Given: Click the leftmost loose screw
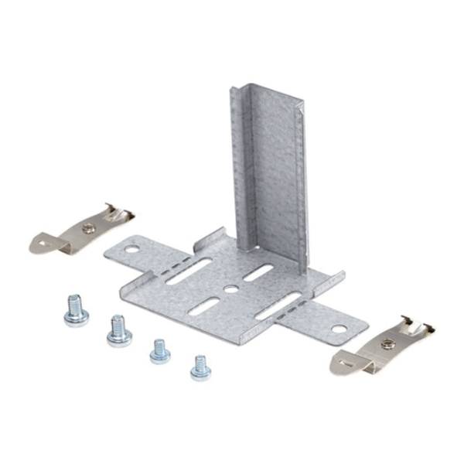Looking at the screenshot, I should coord(76,311).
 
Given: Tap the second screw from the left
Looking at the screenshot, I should coord(118,331).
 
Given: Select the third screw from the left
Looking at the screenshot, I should coord(160,351).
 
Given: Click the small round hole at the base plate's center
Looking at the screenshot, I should coord(230,290).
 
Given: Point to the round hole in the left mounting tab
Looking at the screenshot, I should coord(132,250).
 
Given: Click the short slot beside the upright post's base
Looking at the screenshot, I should coord(258,273).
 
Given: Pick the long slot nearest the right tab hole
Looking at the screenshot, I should coord(279,306).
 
